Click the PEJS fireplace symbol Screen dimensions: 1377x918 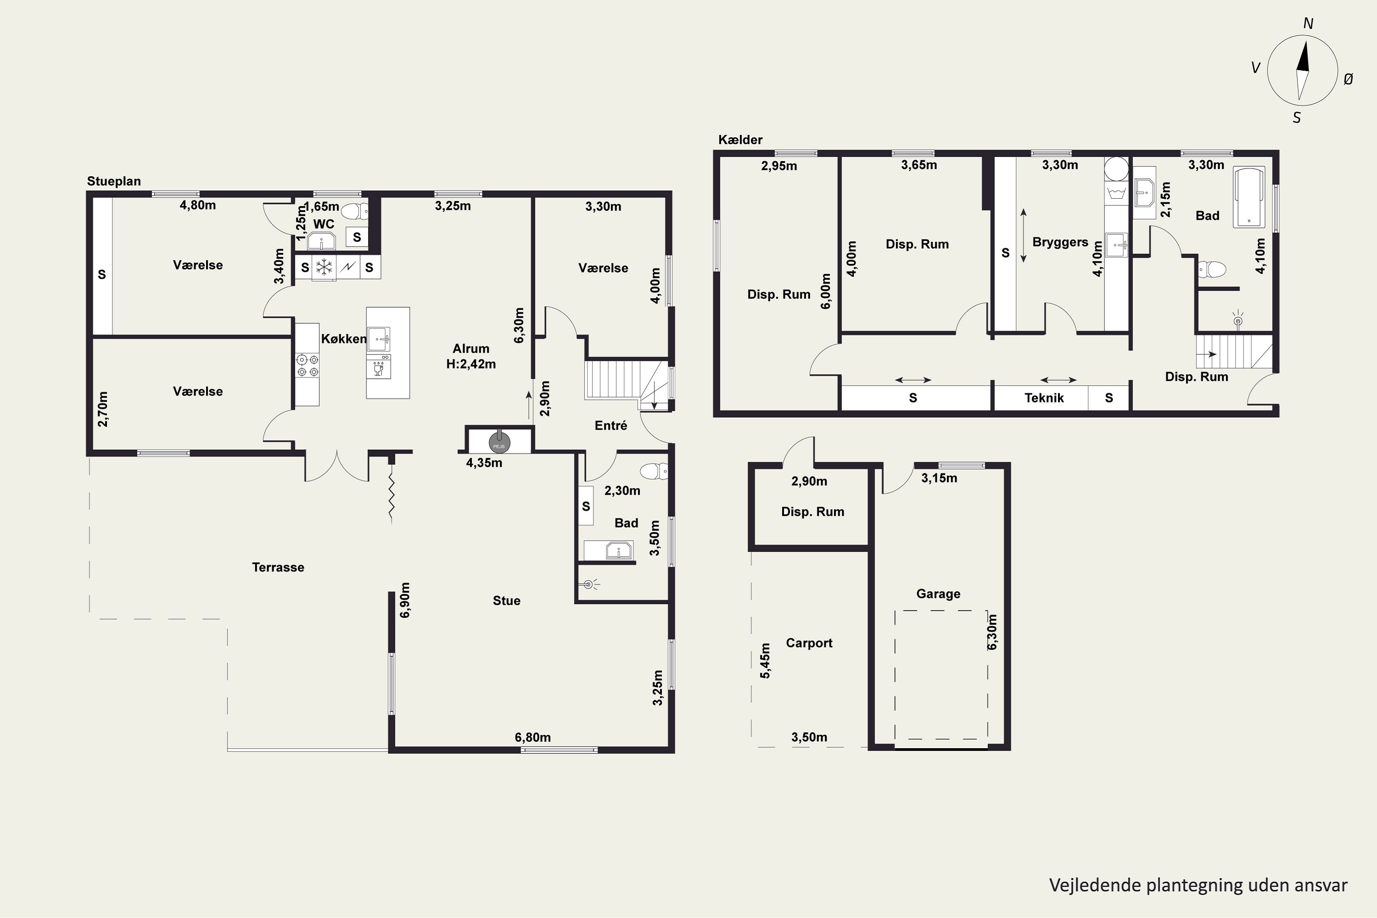click(499, 443)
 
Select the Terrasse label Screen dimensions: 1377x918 click(278, 567)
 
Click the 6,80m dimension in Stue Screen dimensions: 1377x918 click(533, 737)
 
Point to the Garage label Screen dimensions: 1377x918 click(939, 593)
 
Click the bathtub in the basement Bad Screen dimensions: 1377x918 click(1249, 197)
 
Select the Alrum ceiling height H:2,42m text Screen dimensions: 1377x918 click(471, 364)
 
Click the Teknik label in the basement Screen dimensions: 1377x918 click(1044, 398)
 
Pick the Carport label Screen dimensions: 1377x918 click(809, 643)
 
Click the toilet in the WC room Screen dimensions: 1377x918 click(355, 211)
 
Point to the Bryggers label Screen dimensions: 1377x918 click(1060, 242)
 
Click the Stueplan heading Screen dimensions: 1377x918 click(114, 181)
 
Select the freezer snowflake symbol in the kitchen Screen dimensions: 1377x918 click(324, 268)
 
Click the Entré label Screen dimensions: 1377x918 click(610, 425)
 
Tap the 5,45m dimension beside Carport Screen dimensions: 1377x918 click(765, 661)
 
